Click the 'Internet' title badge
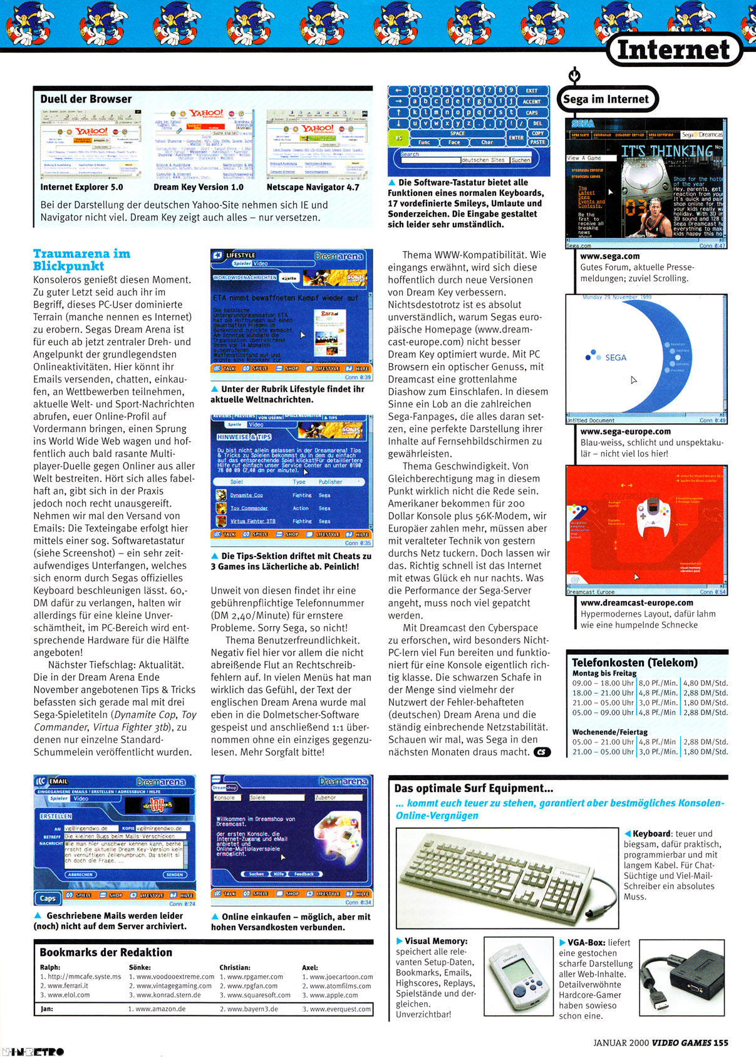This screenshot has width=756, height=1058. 673,50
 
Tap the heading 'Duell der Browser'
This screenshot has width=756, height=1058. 86,99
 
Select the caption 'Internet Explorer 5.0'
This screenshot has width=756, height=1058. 81,187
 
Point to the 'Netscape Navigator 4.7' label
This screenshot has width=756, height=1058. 313,187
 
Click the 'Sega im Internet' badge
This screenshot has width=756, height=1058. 606,99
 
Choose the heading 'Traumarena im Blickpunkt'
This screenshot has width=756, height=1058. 81,260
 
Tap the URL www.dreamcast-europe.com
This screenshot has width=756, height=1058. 636,603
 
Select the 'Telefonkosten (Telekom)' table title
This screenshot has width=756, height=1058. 634,662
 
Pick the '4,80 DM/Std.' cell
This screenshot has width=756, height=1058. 705,683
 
